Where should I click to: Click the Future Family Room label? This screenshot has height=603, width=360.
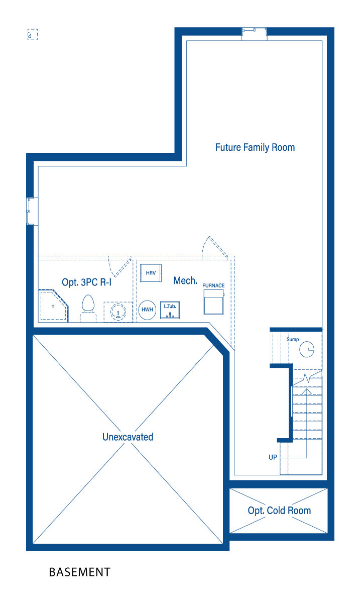pos(255,148)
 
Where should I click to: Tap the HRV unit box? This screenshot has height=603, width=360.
pos(151,273)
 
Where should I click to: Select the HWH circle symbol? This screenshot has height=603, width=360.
pos(147,310)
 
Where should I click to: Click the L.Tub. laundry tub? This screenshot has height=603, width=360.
pos(170,310)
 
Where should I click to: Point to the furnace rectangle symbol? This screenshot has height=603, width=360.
pos(213,302)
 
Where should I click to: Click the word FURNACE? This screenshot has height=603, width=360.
pos(213,285)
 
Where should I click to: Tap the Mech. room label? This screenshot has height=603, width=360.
pos(185,281)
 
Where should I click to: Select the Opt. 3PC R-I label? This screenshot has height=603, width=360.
pos(87,282)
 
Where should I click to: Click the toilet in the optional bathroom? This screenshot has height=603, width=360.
pos(88,308)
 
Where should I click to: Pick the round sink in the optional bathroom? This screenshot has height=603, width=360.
pos(118,312)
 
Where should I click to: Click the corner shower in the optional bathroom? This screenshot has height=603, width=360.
pos(53,306)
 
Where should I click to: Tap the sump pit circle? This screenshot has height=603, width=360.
pos(307,349)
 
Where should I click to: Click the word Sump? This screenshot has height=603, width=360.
pos(292,340)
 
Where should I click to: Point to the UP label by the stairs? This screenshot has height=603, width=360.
pos(273,457)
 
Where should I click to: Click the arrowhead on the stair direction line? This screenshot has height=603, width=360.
pos(306,391)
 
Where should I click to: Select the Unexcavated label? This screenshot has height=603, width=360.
pos(128,437)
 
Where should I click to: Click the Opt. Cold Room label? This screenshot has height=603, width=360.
pos(279,511)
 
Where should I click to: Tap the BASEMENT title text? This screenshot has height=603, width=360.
pos(80,572)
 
